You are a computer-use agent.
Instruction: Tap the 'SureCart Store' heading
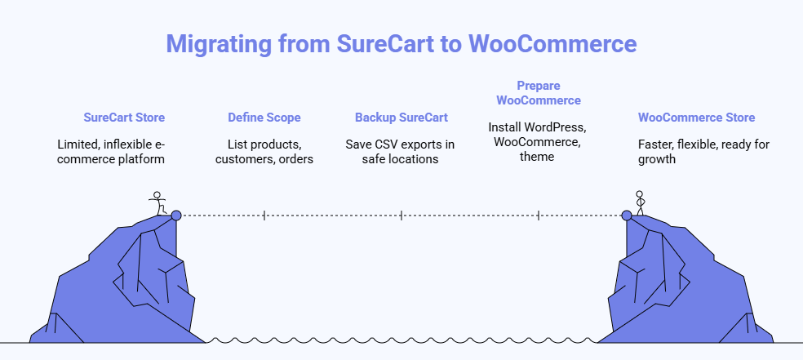coord(124,118)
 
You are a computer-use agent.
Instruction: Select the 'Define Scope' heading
coord(264,118)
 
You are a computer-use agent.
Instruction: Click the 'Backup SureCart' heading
coord(401,118)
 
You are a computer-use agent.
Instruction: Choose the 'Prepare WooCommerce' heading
coord(538,92)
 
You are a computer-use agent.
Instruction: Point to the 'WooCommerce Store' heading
coord(696,118)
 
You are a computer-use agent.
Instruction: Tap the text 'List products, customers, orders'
coord(264,152)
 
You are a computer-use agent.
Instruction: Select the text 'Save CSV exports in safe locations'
coord(401,152)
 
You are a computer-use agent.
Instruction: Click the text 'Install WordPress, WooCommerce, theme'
coord(538,142)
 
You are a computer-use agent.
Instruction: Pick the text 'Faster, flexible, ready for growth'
coord(703,152)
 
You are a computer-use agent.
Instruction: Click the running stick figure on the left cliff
coord(158,203)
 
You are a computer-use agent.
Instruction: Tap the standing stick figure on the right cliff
coord(640,202)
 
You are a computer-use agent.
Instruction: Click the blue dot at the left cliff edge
coord(175,216)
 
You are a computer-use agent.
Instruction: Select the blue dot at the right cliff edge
coord(626,216)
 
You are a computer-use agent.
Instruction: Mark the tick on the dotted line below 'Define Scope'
coord(264,216)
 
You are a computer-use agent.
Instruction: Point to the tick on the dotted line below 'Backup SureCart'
coord(401,216)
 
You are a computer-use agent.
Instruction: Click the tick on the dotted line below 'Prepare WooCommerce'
coord(538,216)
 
